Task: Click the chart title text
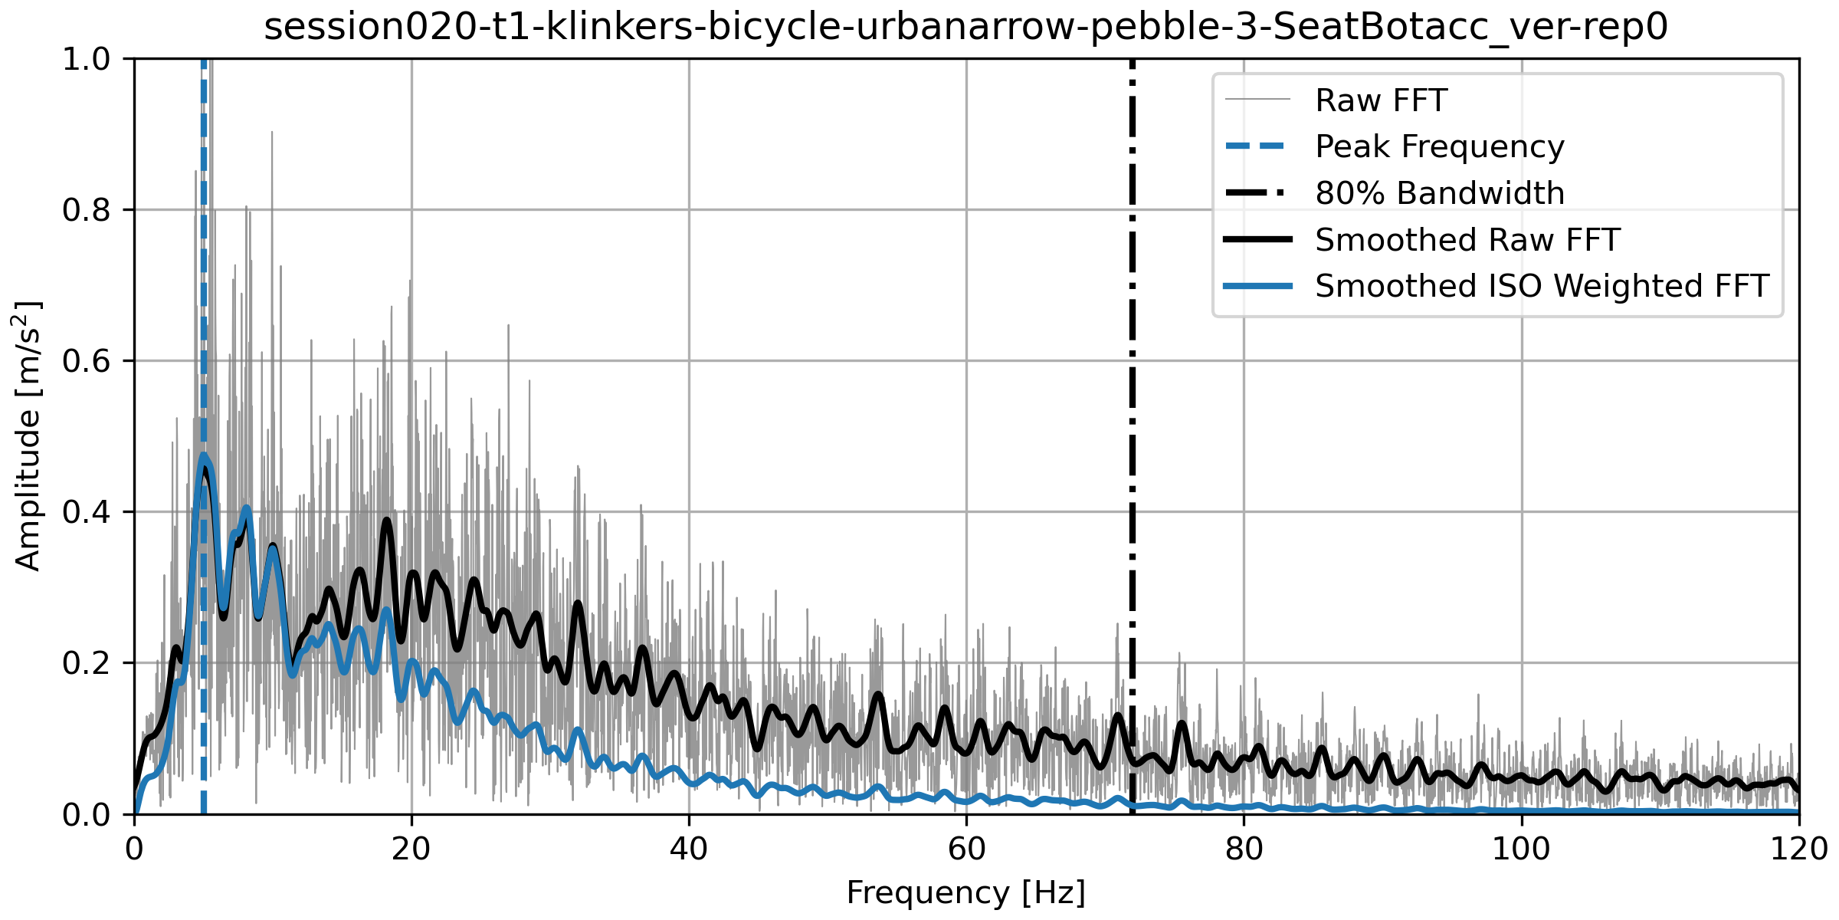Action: [965, 27]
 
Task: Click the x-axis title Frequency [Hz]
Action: [965, 893]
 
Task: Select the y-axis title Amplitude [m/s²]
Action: [28, 435]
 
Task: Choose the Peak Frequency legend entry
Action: [1439, 146]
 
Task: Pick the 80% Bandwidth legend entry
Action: [1439, 193]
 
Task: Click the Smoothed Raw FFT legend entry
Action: [1467, 240]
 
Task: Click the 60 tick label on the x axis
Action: [966, 849]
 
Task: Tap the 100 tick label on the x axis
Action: [1521, 849]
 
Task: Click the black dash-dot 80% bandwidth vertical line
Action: [1132, 383]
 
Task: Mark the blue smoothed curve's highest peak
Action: [203, 455]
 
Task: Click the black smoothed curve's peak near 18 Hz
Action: [387, 520]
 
